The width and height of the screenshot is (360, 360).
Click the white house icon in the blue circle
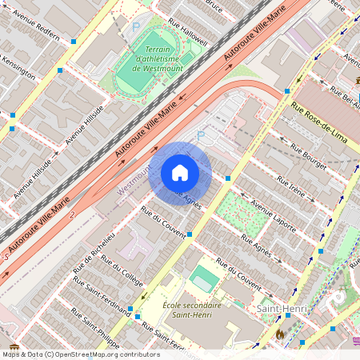coord(180,173)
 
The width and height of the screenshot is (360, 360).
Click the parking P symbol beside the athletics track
coord(135,26)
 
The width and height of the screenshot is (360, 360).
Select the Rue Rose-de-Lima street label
coord(318,122)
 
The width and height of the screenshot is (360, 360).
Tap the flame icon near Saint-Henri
coord(279,334)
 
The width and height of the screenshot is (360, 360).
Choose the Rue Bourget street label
coord(310,157)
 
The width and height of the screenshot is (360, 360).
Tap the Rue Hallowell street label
coord(188,32)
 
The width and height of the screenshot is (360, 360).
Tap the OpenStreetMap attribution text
coord(80,354)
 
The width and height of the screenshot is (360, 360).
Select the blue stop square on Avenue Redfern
coord(73,40)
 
